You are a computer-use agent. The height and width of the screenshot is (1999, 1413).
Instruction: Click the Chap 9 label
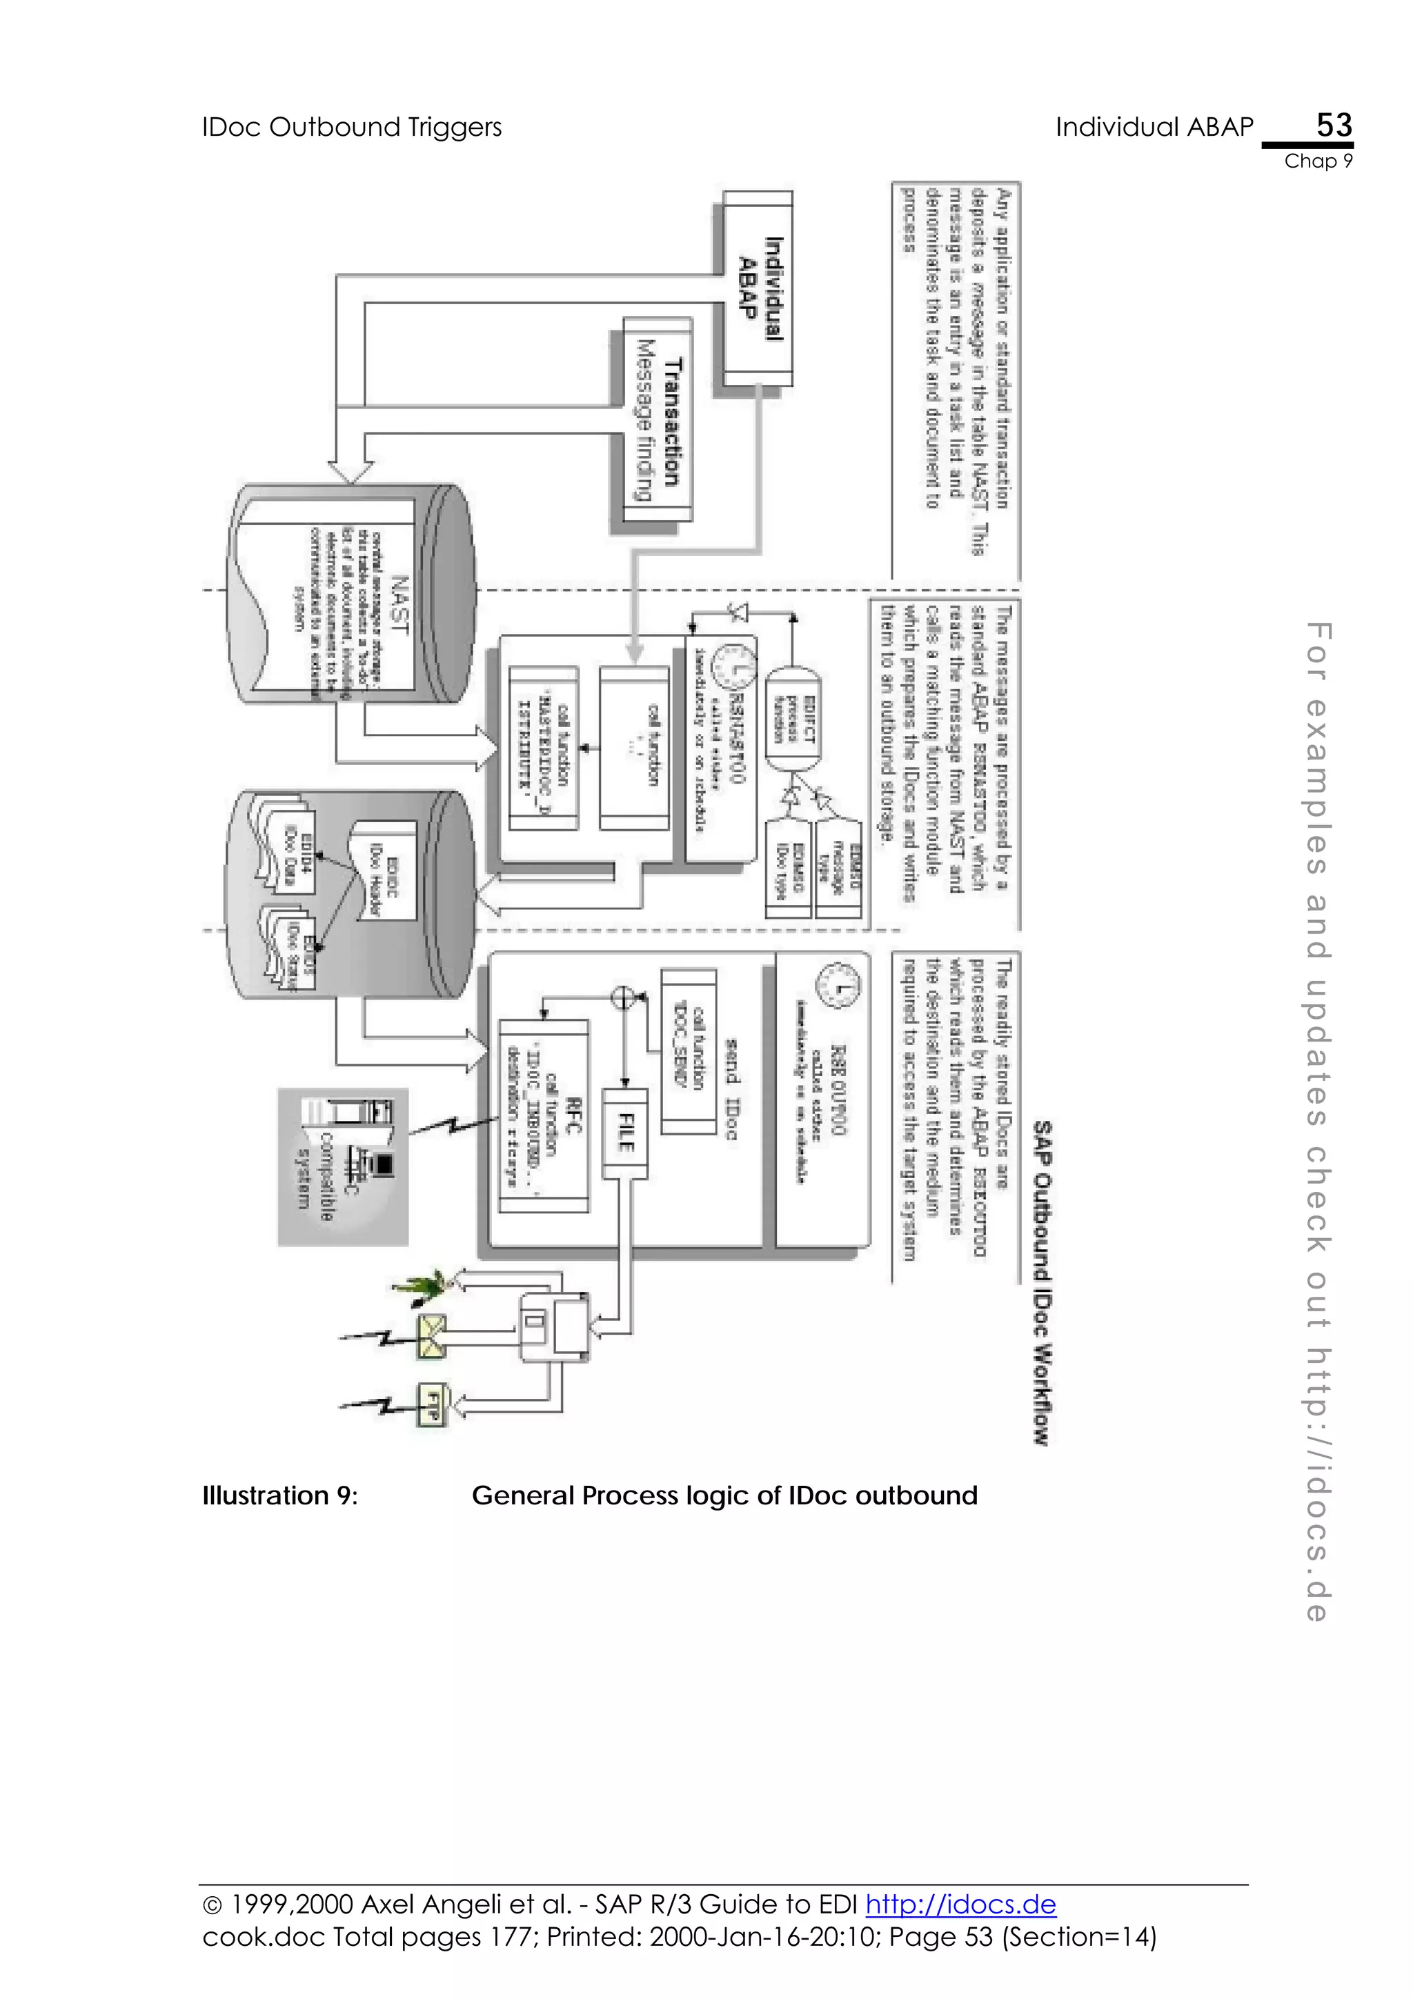pyautogui.click(x=1318, y=161)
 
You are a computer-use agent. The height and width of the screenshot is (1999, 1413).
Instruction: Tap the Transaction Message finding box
pyautogui.click(x=658, y=419)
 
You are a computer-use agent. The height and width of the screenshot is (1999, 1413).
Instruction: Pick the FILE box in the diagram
pyautogui.click(x=625, y=1132)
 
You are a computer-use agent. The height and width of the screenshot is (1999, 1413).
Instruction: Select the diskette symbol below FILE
pyautogui.click(x=555, y=1328)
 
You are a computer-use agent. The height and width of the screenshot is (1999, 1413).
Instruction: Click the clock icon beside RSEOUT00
pyautogui.click(x=837, y=986)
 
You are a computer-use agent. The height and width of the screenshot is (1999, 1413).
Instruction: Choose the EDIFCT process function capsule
pyautogui.click(x=793, y=717)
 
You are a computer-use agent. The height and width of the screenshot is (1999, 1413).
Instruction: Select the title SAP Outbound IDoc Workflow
pyautogui.click(x=1041, y=1282)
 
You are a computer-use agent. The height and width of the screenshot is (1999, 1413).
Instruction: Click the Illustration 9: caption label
pyautogui.click(x=279, y=1495)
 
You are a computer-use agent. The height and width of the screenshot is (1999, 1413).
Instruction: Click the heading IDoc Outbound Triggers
pyautogui.click(x=352, y=127)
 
